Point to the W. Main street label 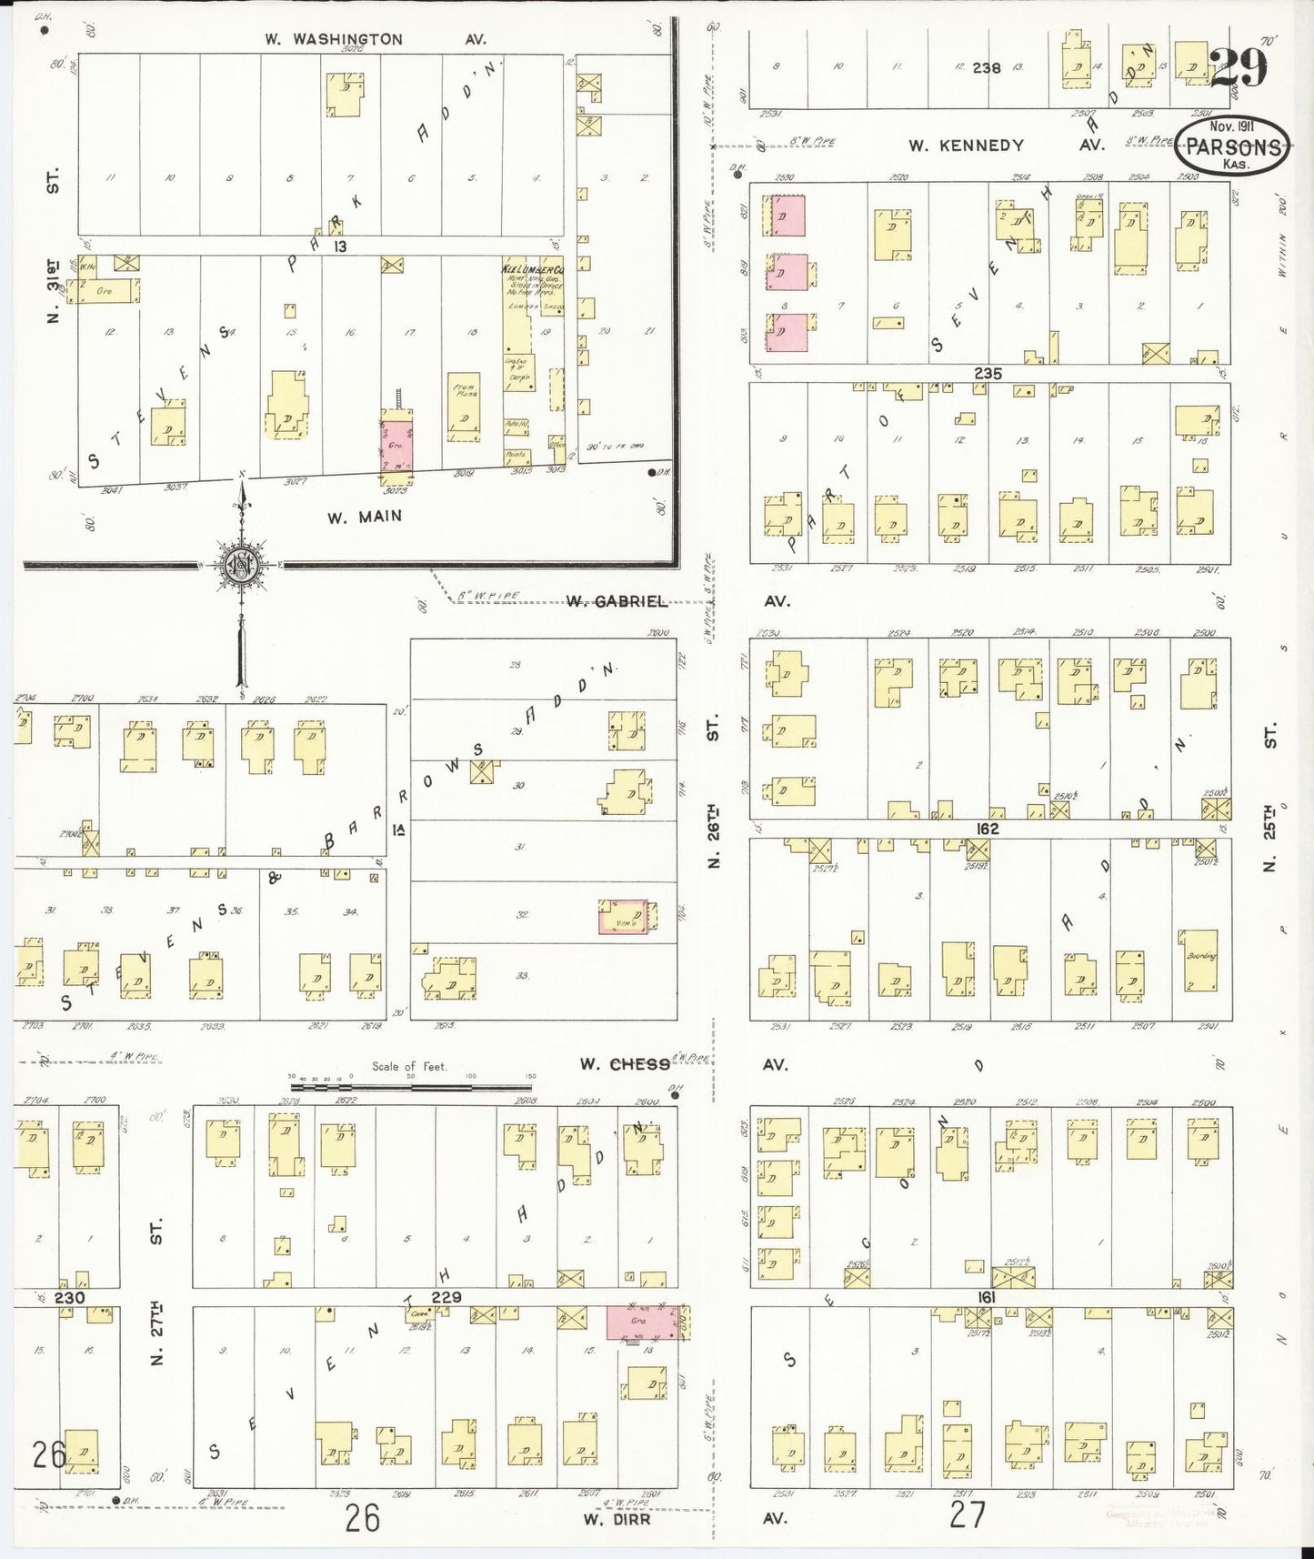(364, 517)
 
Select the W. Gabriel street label (616, 601)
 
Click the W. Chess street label (625, 1064)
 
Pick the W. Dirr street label (618, 1518)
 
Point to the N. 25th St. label (1270, 796)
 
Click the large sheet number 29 (1238, 65)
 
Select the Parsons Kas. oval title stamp (1232, 148)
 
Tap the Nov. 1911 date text (1232, 126)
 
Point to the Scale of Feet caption (409, 1066)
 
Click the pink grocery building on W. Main (396, 446)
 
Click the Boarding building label (1200, 956)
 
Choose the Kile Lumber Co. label (532, 270)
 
